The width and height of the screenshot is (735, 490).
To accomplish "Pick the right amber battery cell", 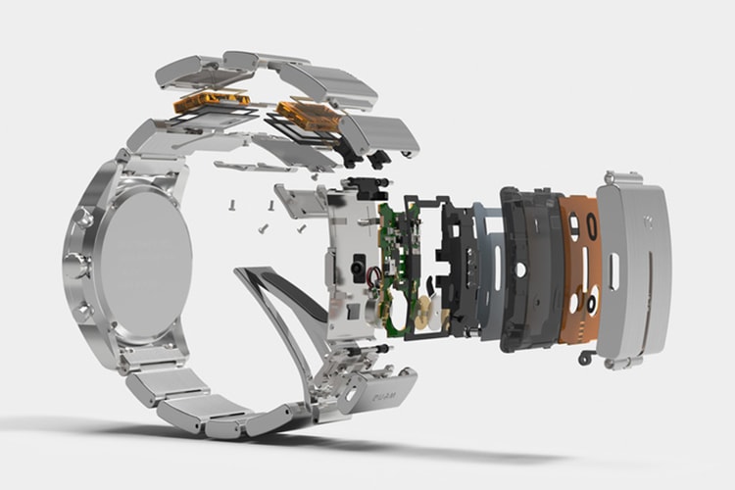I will pos(310,114).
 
